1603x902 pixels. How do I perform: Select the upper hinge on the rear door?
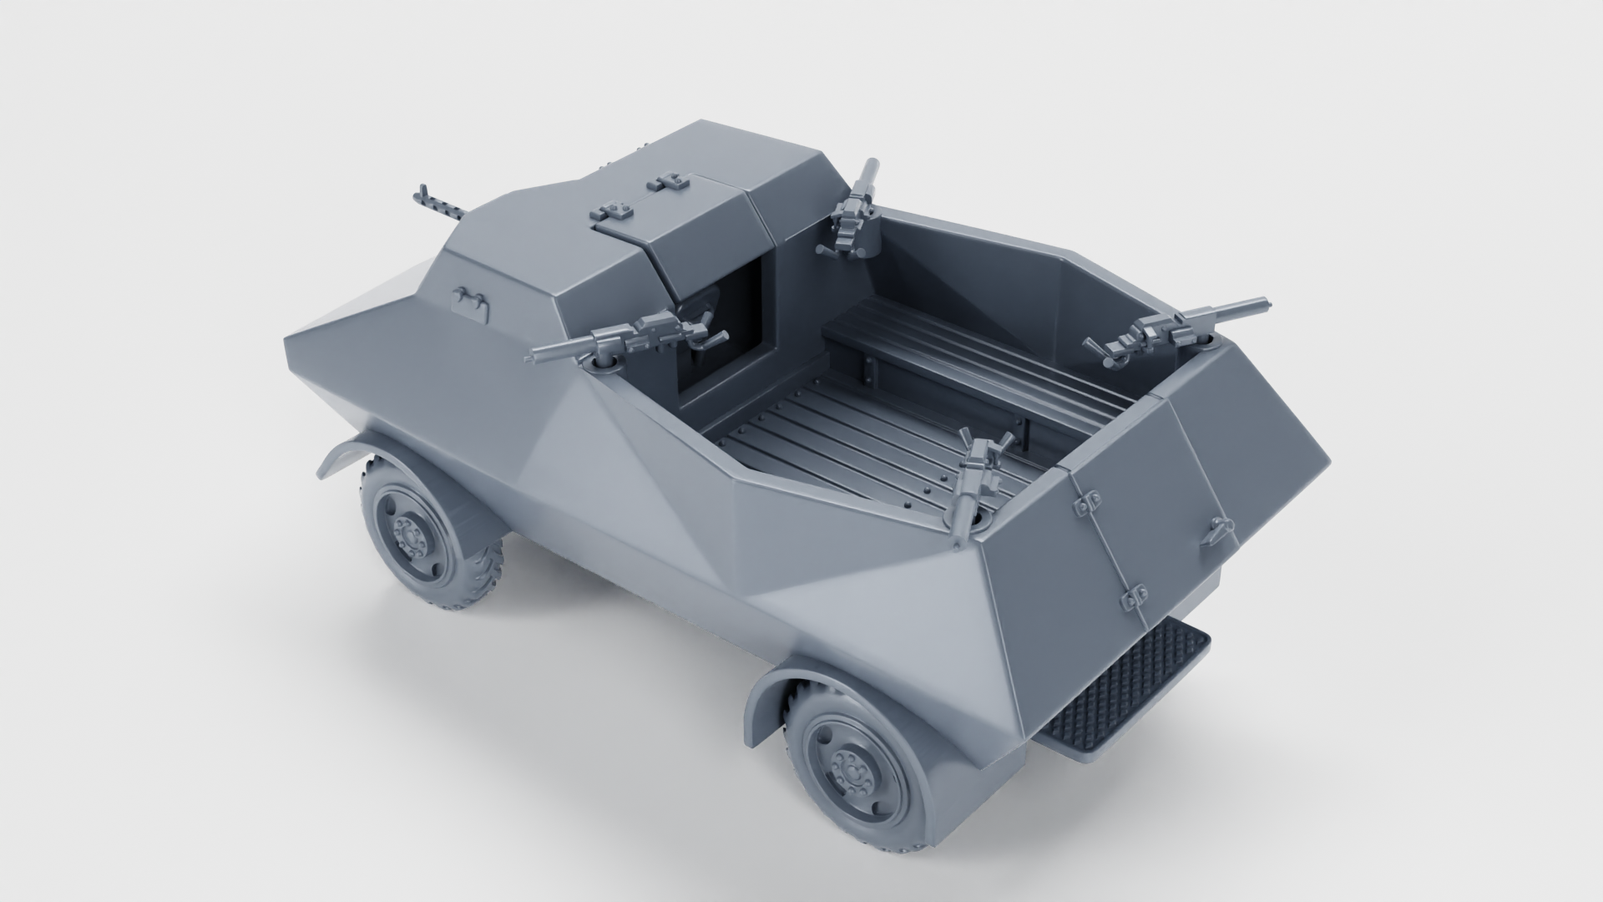1087,500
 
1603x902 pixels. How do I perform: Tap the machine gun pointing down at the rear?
978,476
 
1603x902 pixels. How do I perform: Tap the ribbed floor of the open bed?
843,434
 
